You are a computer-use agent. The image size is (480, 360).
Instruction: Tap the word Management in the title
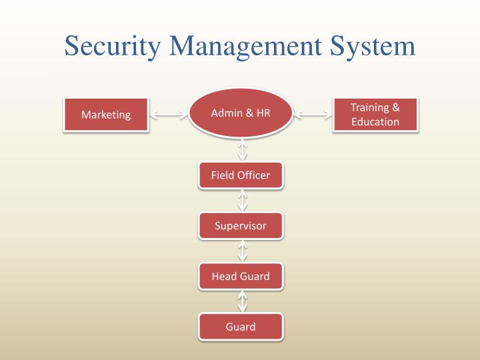(x=237, y=46)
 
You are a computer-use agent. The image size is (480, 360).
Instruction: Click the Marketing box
(x=106, y=115)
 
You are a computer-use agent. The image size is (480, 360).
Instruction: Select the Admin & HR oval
(x=241, y=113)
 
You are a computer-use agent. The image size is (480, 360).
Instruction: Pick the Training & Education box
(x=375, y=115)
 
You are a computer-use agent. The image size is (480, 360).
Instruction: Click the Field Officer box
(x=241, y=175)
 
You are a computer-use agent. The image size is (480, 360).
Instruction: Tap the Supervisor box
(x=241, y=225)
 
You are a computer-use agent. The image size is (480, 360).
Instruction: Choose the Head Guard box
(x=241, y=276)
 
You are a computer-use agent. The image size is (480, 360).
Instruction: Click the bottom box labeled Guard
(x=241, y=327)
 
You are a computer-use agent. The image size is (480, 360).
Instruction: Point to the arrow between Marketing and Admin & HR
(x=169, y=115)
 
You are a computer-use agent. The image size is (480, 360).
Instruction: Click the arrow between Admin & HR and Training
(x=313, y=115)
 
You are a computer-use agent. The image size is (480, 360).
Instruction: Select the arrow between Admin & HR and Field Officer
(x=242, y=149)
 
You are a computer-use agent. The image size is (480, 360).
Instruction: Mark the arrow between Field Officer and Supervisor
(x=242, y=200)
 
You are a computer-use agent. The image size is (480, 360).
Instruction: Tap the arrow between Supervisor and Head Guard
(x=242, y=251)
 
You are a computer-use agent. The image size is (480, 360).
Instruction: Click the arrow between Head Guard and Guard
(x=242, y=301)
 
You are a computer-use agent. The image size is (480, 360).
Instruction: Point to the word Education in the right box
(x=375, y=121)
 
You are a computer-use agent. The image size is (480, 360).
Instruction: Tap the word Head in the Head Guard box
(x=224, y=276)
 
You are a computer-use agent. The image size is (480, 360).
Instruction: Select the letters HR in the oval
(x=263, y=113)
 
